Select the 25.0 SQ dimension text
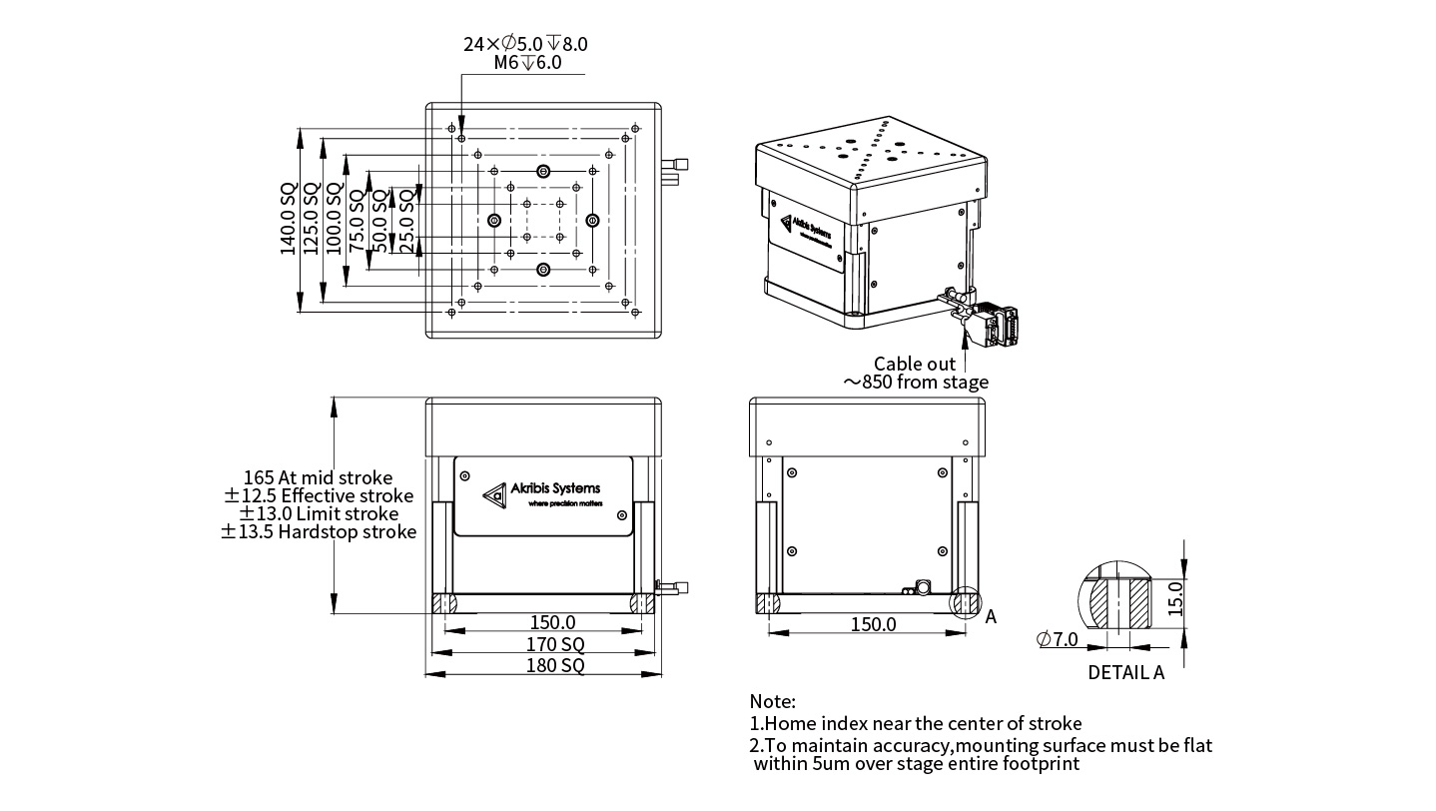pyautogui.click(x=406, y=220)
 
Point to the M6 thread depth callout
pyautogui.click(x=527, y=62)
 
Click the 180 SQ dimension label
pyautogui.click(x=544, y=665)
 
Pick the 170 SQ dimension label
pyautogui.click(x=544, y=644)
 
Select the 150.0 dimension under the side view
pyautogui.click(x=873, y=624)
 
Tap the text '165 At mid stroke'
pyautogui.click(x=318, y=477)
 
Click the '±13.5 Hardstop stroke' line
pyautogui.click(x=318, y=532)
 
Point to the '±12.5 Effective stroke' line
pyautogui.click(x=318, y=495)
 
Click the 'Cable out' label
pyautogui.click(x=914, y=364)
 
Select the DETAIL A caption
pyautogui.click(x=1125, y=672)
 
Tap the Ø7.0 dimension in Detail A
pyautogui.click(x=1058, y=639)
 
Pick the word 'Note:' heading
pyautogui.click(x=773, y=702)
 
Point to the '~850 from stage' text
pyautogui.click(x=916, y=383)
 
